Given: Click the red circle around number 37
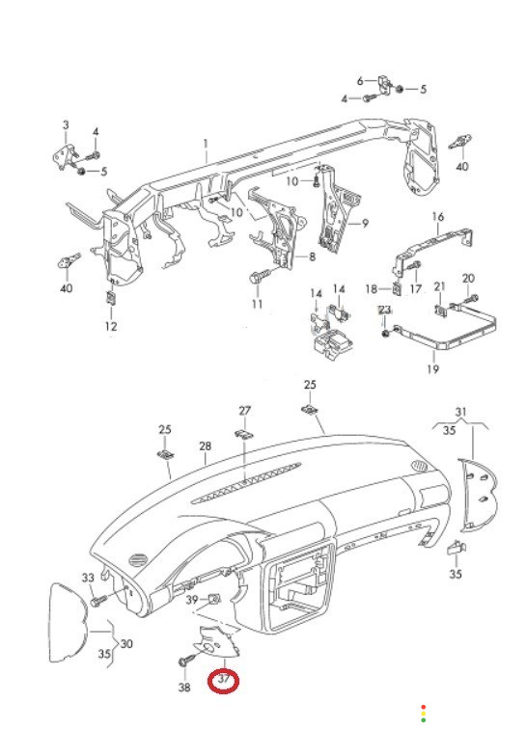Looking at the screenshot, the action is [x=224, y=682].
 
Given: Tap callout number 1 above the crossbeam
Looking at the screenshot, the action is [x=206, y=143].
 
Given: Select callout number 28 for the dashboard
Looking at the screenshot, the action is [x=206, y=446].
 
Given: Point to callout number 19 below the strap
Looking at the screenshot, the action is [x=433, y=369].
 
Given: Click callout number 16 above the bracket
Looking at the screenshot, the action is [x=438, y=217].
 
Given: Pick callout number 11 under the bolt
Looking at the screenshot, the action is [x=258, y=304].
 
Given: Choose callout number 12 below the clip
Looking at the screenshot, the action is [x=111, y=326].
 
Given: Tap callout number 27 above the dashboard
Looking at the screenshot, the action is [x=245, y=411].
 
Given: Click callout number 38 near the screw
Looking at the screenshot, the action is [x=184, y=687].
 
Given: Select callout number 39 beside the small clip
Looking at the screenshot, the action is [x=192, y=600].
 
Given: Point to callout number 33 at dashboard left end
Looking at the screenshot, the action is [x=88, y=578].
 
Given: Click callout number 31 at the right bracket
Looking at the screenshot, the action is [x=460, y=412].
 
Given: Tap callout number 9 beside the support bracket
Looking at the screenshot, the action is [x=365, y=224].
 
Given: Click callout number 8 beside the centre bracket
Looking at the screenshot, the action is [x=312, y=256].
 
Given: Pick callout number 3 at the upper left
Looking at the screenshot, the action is [x=66, y=125].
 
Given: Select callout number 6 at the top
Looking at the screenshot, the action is [x=360, y=81].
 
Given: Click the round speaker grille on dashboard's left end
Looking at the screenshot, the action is [x=138, y=559].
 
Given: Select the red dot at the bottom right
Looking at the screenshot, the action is [x=423, y=707].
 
